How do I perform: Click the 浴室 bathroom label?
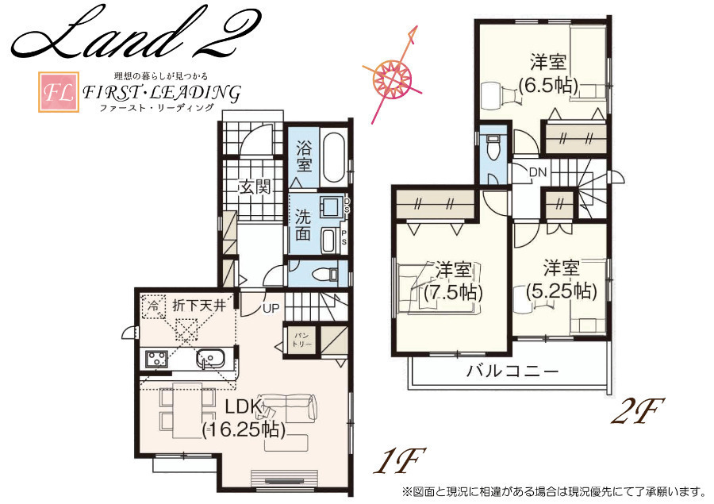pyautogui.click(x=303, y=156)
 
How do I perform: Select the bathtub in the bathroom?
pyautogui.click(x=332, y=158)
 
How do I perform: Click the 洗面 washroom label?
pyautogui.click(x=303, y=225)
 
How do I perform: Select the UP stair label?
pyautogui.click(x=271, y=309)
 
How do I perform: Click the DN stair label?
pyautogui.click(x=538, y=173)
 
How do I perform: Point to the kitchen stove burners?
pyautogui.click(x=156, y=358)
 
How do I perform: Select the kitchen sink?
pyautogui.click(x=210, y=358)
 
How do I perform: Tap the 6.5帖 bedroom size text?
pyautogui.click(x=549, y=85)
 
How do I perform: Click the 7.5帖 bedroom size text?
pyautogui.click(x=453, y=291)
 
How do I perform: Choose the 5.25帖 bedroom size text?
pyautogui.click(x=562, y=290)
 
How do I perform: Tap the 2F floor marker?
pyautogui.click(x=638, y=411)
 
